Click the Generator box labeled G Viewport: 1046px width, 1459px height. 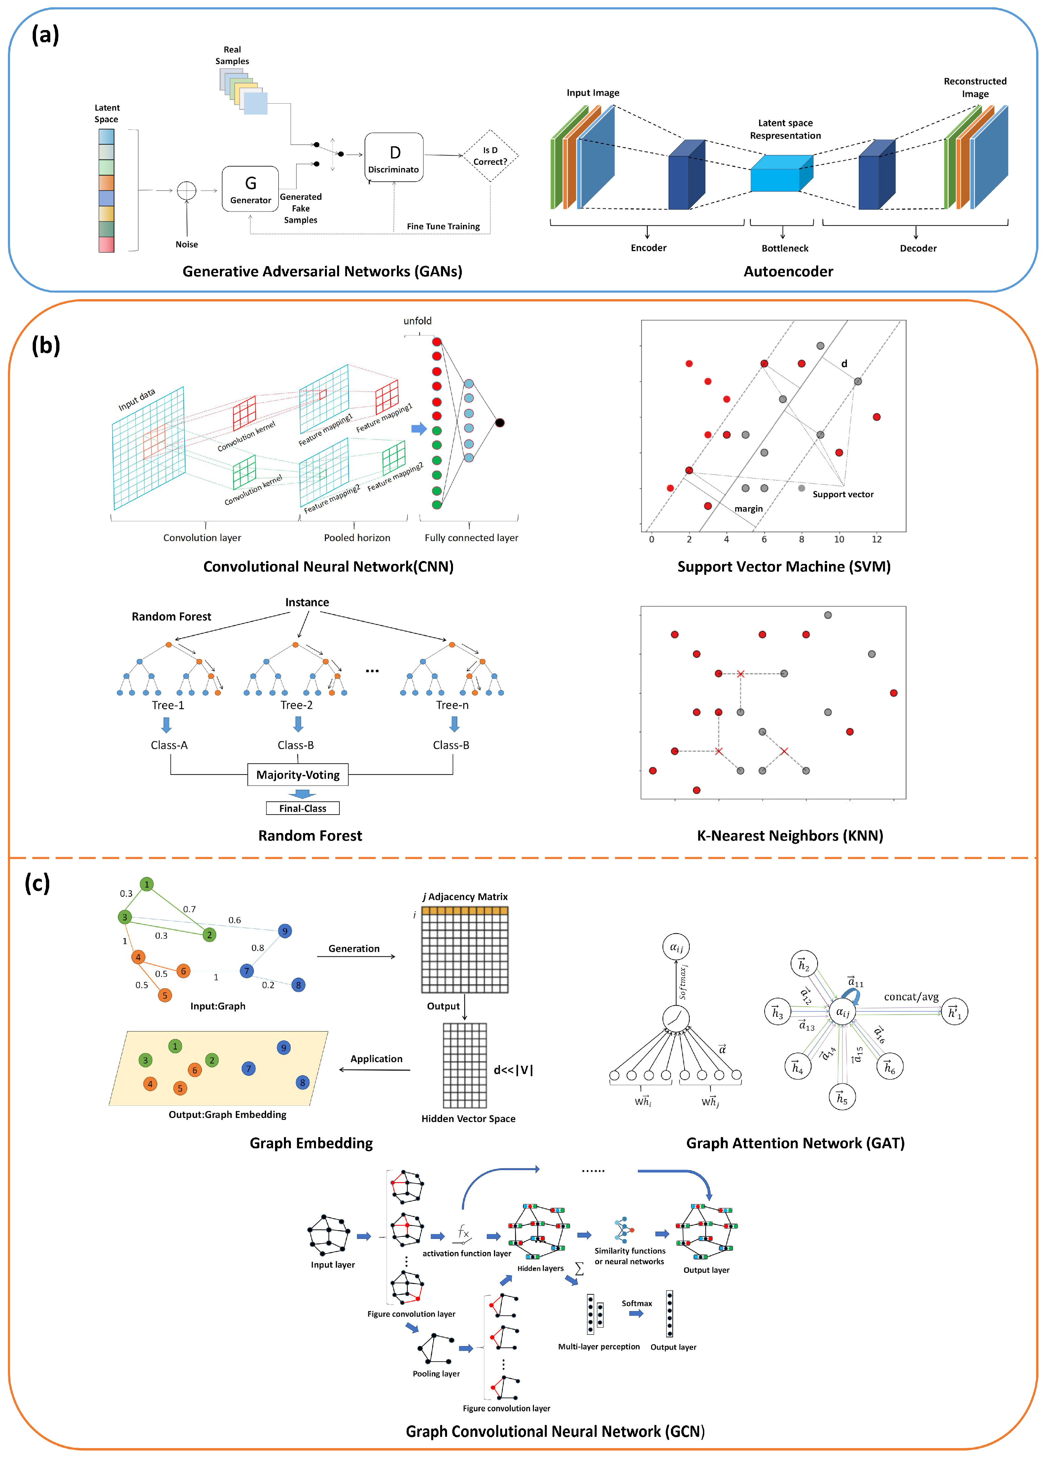click(250, 189)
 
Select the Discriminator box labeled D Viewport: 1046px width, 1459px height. click(394, 157)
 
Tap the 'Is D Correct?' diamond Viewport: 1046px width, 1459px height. click(490, 156)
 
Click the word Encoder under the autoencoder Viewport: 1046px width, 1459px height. click(648, 248)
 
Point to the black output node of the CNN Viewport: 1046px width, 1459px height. click(500, 423)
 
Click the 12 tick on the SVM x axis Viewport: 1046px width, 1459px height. click(876, 539)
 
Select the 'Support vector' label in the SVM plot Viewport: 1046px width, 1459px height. click(843, 494)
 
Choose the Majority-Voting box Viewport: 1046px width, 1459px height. click(298, 775)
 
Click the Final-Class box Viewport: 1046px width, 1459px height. click(302, 808)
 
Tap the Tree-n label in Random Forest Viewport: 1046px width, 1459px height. click(452, 705)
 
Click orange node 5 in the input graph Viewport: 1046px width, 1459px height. click(165, 995)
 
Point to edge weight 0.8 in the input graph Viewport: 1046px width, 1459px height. click(257, 948)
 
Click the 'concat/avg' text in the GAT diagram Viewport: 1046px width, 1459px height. click(911, 996)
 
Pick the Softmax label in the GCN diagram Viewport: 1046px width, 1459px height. click(636, 1303)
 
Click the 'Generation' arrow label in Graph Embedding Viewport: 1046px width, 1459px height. click(354, 948)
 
